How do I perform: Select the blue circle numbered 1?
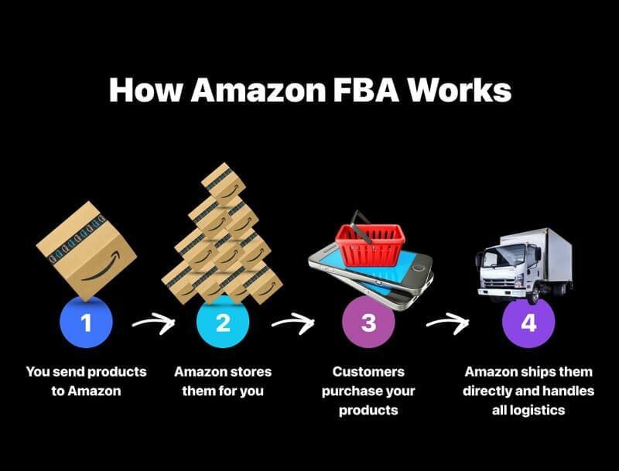click(x=86, y=323)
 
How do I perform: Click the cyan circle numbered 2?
click(x=223, y=323)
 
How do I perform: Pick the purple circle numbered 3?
click(x=368, y=323)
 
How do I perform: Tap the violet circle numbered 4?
click(x=528, y=323)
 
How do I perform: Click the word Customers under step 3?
click(x=368, y=372)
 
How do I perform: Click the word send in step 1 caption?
click(x=67, y=372)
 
